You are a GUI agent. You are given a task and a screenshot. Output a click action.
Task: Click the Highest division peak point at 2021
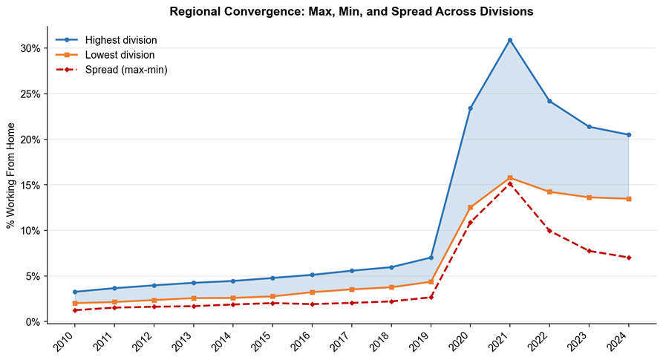[510, 40]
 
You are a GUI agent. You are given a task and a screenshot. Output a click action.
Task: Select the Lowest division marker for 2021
[510, 178]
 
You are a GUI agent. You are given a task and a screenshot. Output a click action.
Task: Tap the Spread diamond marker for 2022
[549, 231]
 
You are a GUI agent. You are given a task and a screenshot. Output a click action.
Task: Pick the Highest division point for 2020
[470, 108]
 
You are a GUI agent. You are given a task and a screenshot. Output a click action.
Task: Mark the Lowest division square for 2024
[629, 199]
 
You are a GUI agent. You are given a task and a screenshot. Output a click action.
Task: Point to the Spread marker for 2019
[431, 298]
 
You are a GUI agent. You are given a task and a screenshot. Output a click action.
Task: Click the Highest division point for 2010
[75, 292]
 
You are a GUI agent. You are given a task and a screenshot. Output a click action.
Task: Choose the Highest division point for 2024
[629, 135]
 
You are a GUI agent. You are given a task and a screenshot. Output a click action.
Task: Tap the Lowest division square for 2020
[470, 208]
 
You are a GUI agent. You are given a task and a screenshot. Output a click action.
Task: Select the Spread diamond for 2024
[629, 258]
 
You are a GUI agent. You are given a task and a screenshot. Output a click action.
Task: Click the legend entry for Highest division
[106, 40]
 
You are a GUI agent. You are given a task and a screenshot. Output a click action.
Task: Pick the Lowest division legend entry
[105, 55]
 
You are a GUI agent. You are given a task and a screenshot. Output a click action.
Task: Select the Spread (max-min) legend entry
[111, 70]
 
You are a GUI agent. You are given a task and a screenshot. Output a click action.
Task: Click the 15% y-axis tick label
[30, 185]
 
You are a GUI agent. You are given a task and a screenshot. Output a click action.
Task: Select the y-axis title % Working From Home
[10, 176]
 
